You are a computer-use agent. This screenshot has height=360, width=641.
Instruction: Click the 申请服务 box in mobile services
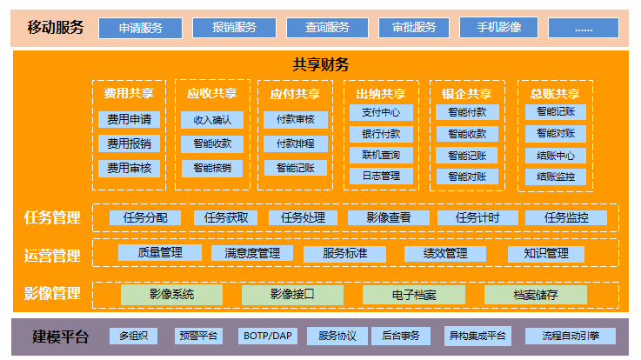point(140,28)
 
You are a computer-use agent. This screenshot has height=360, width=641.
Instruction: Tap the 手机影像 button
point(499,28)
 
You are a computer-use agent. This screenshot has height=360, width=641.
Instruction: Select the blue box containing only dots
point(583,28)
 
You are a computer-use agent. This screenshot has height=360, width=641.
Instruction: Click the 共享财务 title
point(321,64)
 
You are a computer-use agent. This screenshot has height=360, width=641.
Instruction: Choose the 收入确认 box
point(212,120)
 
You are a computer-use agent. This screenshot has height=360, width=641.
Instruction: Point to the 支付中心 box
point(381,113)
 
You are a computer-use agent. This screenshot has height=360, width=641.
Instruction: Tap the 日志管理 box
point(381,177)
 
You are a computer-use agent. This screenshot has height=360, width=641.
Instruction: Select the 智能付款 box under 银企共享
point(467,113)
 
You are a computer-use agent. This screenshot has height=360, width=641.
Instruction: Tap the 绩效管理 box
point(444,254)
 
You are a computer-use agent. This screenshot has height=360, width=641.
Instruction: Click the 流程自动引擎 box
point(570,336)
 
